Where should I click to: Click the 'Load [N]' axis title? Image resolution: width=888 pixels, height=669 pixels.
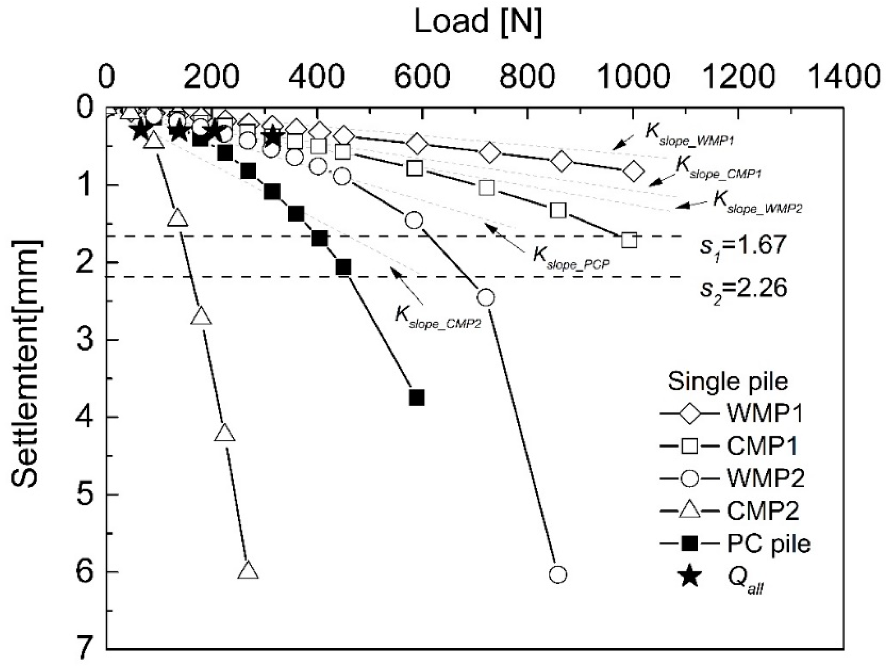pyautogui.click(x=478, y=22)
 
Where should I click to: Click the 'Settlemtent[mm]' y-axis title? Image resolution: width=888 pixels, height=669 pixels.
pyautogui.click(x=26, y=363)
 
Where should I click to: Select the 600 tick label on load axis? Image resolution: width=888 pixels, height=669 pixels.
pyautogui.click(x=422, y=76)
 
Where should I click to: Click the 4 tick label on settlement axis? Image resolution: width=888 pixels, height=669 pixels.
pyautogui.click(x=86, y=417)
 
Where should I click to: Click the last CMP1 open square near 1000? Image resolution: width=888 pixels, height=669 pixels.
pyautogui.click(x=629, y=240)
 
